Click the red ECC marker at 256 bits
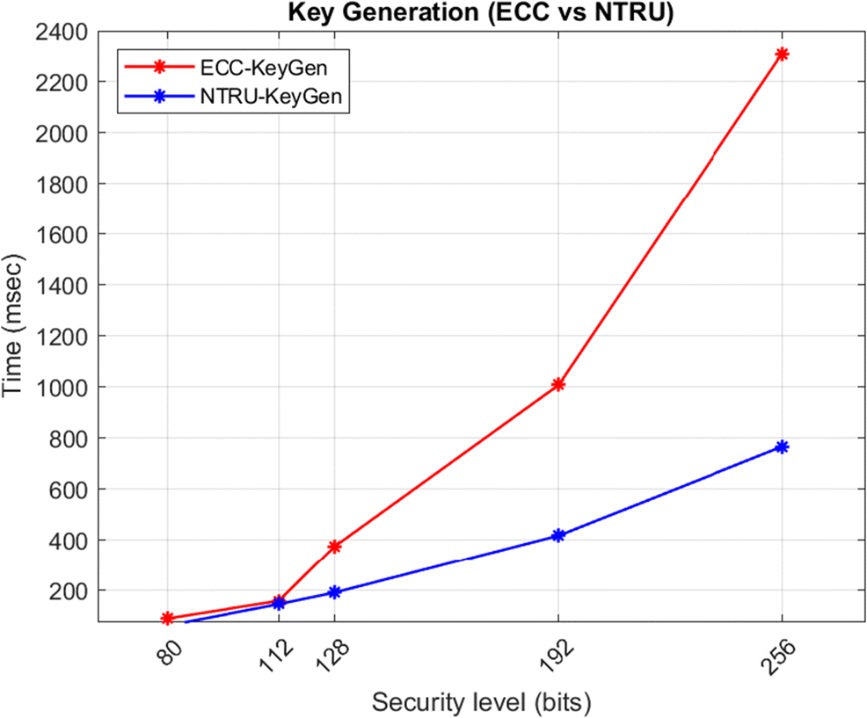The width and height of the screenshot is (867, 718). (782, 54)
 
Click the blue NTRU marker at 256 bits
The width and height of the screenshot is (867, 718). (782, 446)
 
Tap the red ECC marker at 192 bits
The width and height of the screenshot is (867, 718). (557, 384)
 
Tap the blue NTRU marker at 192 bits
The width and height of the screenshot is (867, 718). (557, 535)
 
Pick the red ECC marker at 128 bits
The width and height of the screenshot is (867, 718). (334, 546)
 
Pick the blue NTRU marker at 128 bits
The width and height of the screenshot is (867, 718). (334, 592)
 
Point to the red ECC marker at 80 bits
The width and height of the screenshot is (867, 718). (167, 619)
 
